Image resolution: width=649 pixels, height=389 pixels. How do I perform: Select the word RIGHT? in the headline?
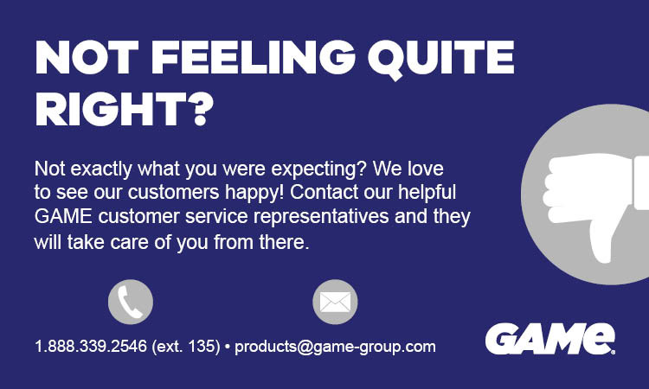[x=124, y=111]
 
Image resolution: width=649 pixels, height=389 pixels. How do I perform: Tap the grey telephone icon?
[x=131, y=302]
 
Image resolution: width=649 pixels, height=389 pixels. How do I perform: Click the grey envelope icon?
[x=334, y=302]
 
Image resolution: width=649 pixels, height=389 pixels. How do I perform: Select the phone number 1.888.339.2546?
[x=90, y=348]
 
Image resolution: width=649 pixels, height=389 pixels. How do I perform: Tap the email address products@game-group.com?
[x=335, y=348]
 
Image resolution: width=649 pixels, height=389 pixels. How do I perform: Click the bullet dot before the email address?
[x=227, y=348]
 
